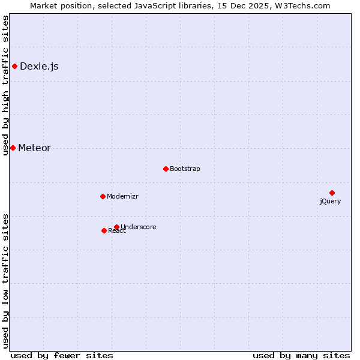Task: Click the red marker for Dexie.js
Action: pyautogui.click(x=14, y=66)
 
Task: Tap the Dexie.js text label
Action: pyautogui.click(x=39, y=67)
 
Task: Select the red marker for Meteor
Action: pyautogui.click(x=13, y=148)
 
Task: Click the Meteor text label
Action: pyautogui.click(x=34, y=148)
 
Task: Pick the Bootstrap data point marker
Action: pyautogui.click(x=166, y=169)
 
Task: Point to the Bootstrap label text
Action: pyautogui.click(x=185, y=169)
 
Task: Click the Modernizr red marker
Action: pyautogui.click(x=103, y=196)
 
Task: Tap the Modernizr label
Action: pyautogui.click(x=122, y=197)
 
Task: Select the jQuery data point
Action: pyautogui.click(x=332, y=193)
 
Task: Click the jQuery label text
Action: pyautogui.click(x=330, y=202)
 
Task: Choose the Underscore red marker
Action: pyautogui.click(x=116, y=227)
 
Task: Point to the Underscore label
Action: pyautogui.click(x=139, y=227)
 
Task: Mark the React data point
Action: pyautogui.click(x=104, y=230)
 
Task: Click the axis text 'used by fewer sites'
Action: pyautogui.click(x=62, y=355)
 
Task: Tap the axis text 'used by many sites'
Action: pyautogui.click(x=301, y=355)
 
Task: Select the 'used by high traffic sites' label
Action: pyautogui.click(x=6, y=86)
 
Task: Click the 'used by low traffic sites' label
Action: pyautogui.click(x=6, y=280)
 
